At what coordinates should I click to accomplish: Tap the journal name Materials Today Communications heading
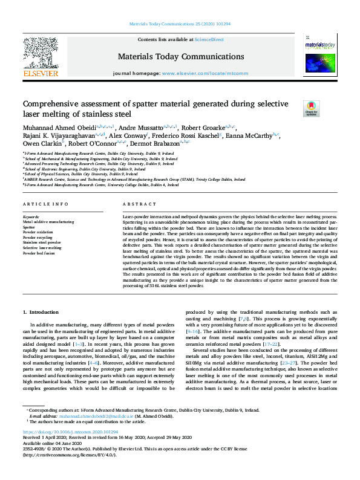point(181,57)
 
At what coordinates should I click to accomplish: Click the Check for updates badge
point(311,108)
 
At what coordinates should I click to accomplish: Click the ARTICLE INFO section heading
point(45,204)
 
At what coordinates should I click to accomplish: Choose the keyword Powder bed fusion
point(38,253)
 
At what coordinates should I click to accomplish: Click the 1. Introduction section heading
point(41,312)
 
